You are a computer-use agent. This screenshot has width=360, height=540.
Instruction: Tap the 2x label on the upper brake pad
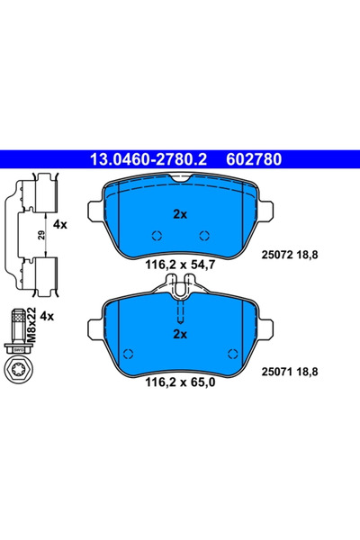[179, 214]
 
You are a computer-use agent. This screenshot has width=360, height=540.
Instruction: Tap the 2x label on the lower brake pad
[179, 333]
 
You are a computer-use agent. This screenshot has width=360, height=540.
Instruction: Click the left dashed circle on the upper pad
[157, 236]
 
